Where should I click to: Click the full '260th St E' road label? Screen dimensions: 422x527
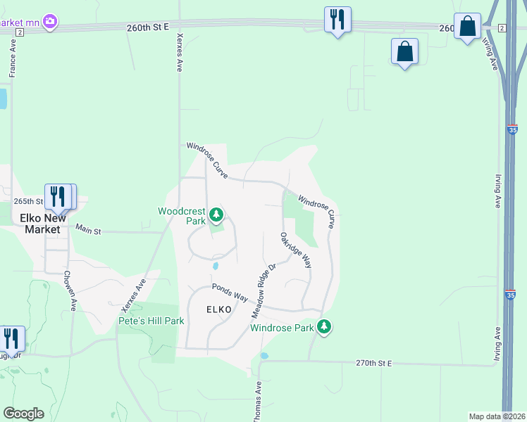[x=149, y=27]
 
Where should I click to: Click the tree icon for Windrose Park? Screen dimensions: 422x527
[x=324, y=326]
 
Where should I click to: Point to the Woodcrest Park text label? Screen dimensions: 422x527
[x=181, y=215]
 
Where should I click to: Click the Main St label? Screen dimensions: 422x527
[x=89, y=230]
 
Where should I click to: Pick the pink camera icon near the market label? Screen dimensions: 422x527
[x=50, y=23]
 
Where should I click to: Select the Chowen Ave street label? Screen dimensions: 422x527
[x=69, y=290]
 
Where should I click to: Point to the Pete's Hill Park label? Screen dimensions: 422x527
[x=151, y=321]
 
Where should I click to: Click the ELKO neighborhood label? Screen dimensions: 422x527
[x=218, y=309]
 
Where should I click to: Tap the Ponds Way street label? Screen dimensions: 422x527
[x=230, y=293]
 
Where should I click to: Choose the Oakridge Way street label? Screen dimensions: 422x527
[x=295, y=250]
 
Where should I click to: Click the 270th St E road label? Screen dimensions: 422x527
[x=373, y=363]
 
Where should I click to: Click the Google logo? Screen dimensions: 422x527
[x=23, y=414]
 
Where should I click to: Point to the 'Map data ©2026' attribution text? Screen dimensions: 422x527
[x=497, y=416]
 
